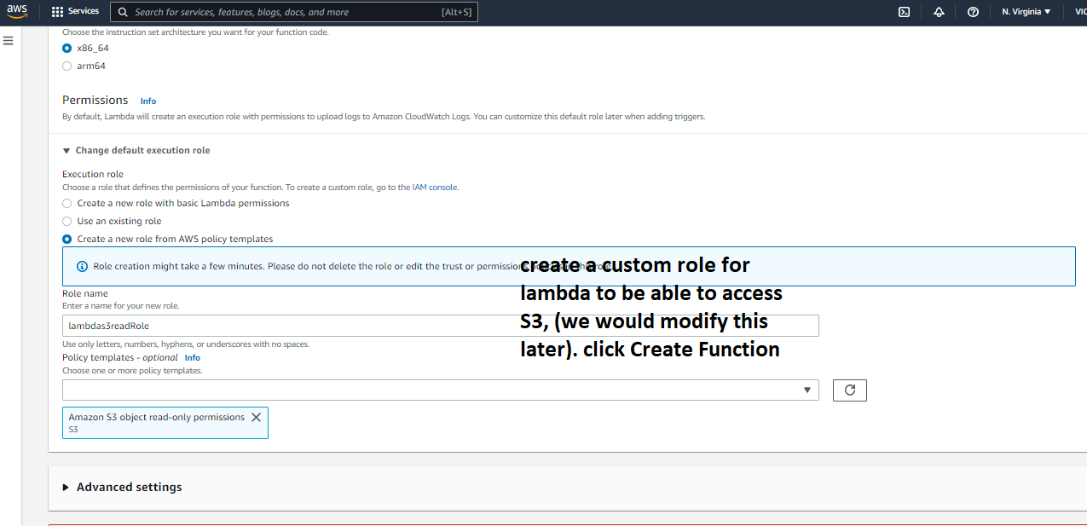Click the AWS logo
coord(17,12)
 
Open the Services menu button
coord(75,12)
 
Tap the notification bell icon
coord(939,12)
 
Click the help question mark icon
coord(973,12)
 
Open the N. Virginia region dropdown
coord(1026,12)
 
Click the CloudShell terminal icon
coord(905,12)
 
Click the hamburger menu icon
coord(9,41)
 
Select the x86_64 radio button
coord(67,48)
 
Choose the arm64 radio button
coord(67,66)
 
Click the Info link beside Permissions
coord(148,101)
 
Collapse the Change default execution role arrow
coord(66,150)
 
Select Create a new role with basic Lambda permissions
coord(67,203)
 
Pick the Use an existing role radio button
coord(67,221)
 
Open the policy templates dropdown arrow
coord(807,390)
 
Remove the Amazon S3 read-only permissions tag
coord(256,418)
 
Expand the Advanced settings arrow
coord(66,488)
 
